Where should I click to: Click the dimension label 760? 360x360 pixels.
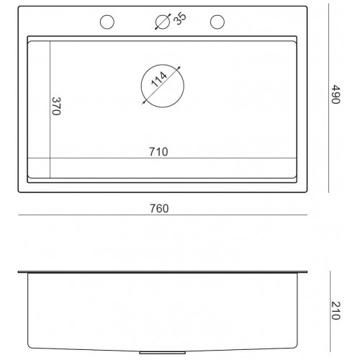[159, 208]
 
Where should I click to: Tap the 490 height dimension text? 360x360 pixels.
[336, 94]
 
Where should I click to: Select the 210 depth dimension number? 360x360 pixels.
[336, 310]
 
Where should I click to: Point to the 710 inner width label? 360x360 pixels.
[158, 152]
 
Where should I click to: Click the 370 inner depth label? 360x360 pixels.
[56, 106]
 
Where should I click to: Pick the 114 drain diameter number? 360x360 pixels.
[159, 79]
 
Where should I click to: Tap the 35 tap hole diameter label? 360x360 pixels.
[180, 19]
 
